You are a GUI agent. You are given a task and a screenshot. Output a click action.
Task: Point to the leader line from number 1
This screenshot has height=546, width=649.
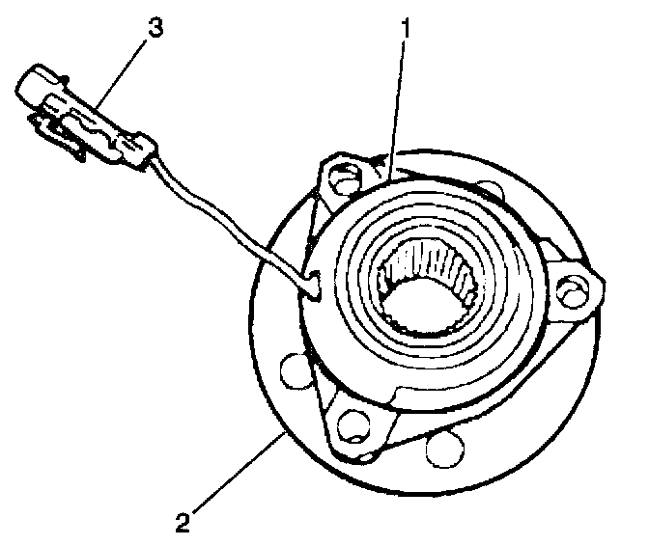pos(397,106)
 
